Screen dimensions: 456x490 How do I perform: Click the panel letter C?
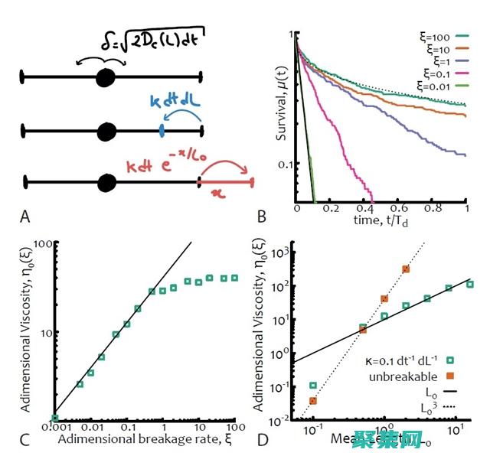(x=26, y=440)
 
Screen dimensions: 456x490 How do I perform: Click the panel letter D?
(x=263, y=440)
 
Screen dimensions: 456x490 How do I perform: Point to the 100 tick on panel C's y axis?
(x=41, y=243)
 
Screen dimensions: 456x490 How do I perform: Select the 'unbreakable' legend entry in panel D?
(x=402, y=376)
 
